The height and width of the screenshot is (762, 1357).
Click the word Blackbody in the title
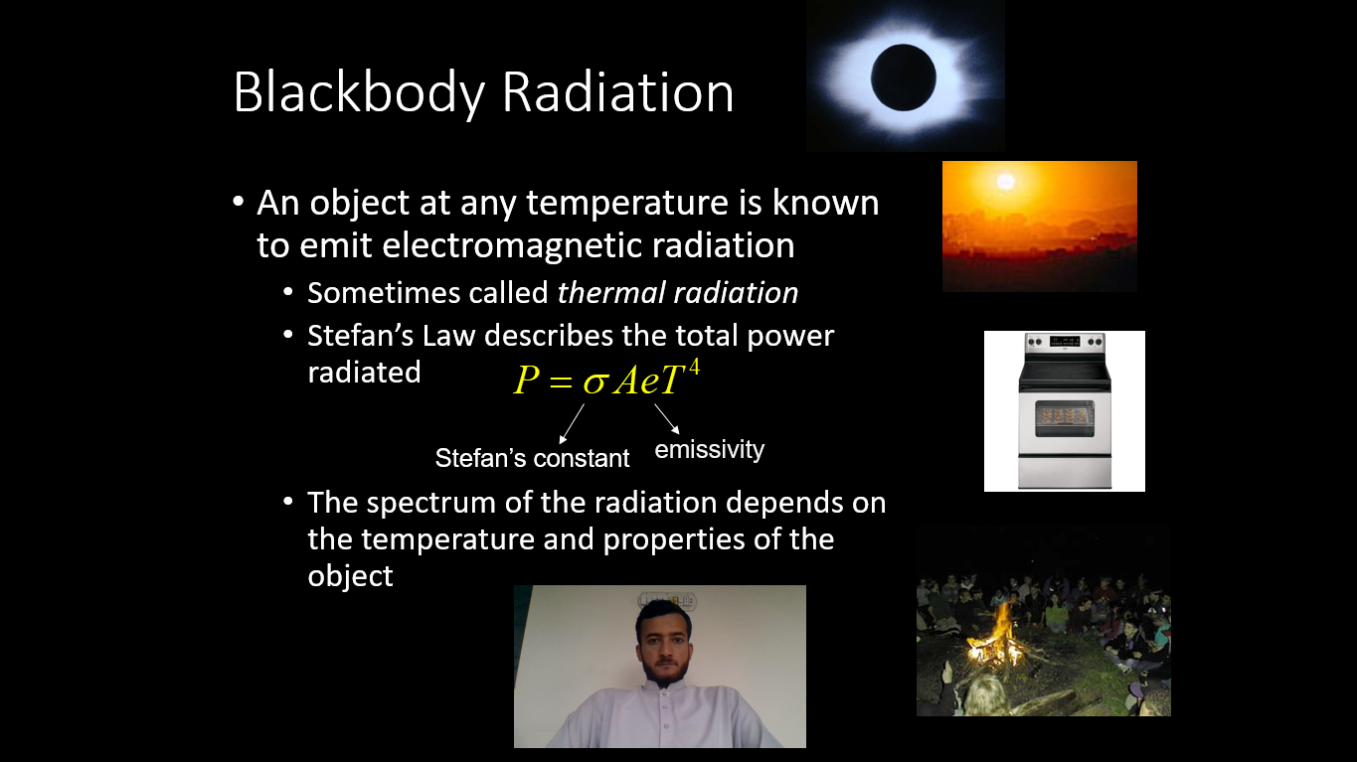coord(359,92)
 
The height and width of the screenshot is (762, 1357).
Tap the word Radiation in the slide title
coord(618,92)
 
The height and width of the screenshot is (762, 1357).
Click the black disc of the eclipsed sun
coord(904,77)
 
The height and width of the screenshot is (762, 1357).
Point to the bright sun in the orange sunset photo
coord(1006,181)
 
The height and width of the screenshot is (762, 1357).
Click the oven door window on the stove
coord(1065,418)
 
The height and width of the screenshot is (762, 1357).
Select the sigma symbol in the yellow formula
coord(596,382)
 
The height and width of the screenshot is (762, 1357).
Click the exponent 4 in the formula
coord(694,367)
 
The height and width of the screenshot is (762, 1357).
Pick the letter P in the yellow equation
coord(526,381)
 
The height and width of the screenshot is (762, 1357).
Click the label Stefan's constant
coord(532,458)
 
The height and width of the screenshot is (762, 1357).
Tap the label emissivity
coord(710,450)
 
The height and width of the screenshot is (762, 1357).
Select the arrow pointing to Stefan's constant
coord(572,424)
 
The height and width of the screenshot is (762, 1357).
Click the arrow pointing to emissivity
coord(667,419)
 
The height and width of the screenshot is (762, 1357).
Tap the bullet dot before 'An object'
coord(238,201)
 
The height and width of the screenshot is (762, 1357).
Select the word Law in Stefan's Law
coord(448,336)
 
